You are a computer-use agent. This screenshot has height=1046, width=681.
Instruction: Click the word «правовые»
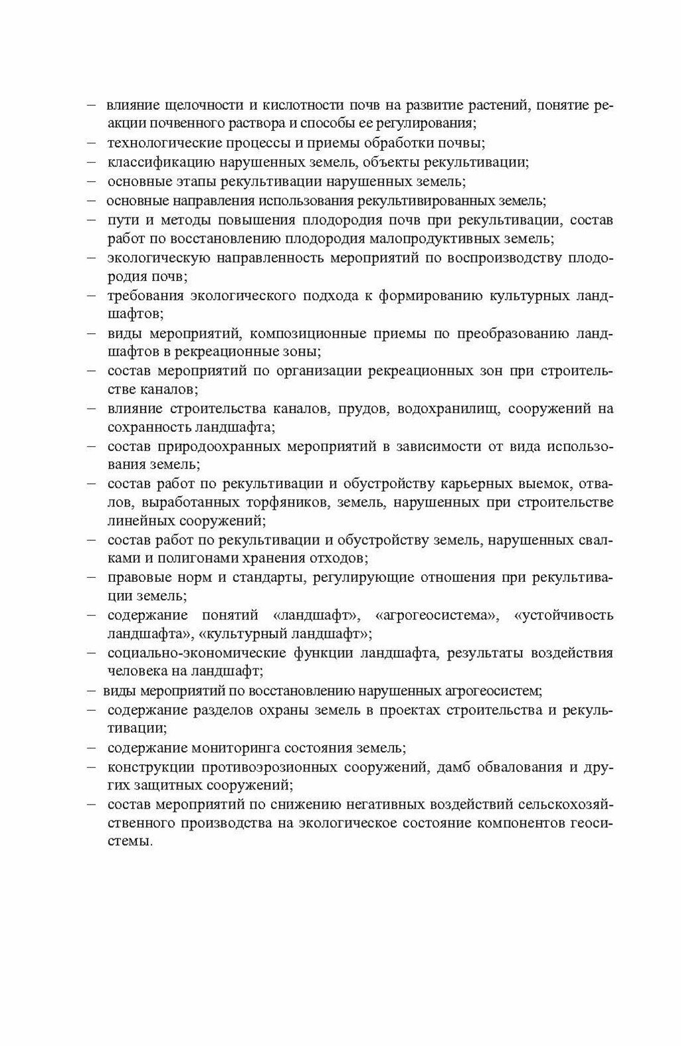(136, 577)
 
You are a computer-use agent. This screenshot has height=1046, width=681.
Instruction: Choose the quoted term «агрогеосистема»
(436, 616)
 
